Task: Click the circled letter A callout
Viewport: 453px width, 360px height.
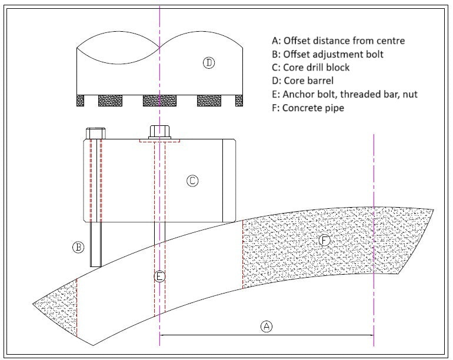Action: tap(267, 325)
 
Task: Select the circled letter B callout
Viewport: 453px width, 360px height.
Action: tap(78, 247)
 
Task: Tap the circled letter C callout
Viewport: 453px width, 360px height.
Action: tap(192, 181)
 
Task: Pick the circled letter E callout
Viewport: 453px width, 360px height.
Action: tap(159, 276)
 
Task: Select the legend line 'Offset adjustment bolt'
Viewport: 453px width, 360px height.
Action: tap(328, 55)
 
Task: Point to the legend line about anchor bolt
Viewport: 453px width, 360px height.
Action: tap(345, 95)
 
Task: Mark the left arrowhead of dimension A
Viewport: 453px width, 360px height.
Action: tap(163, 336)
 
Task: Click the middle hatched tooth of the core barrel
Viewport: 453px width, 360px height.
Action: tap(159, 101)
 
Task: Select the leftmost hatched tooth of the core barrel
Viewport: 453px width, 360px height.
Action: tap(81, 101)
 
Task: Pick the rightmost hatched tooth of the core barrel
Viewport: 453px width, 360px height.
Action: tap(239, 101)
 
